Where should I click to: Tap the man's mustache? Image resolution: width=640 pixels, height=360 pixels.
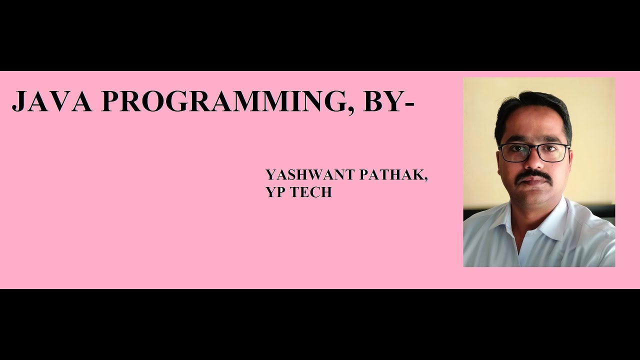533,175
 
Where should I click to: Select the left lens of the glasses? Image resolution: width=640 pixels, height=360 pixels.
514,153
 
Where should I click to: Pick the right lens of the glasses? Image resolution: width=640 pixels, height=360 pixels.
553,152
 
